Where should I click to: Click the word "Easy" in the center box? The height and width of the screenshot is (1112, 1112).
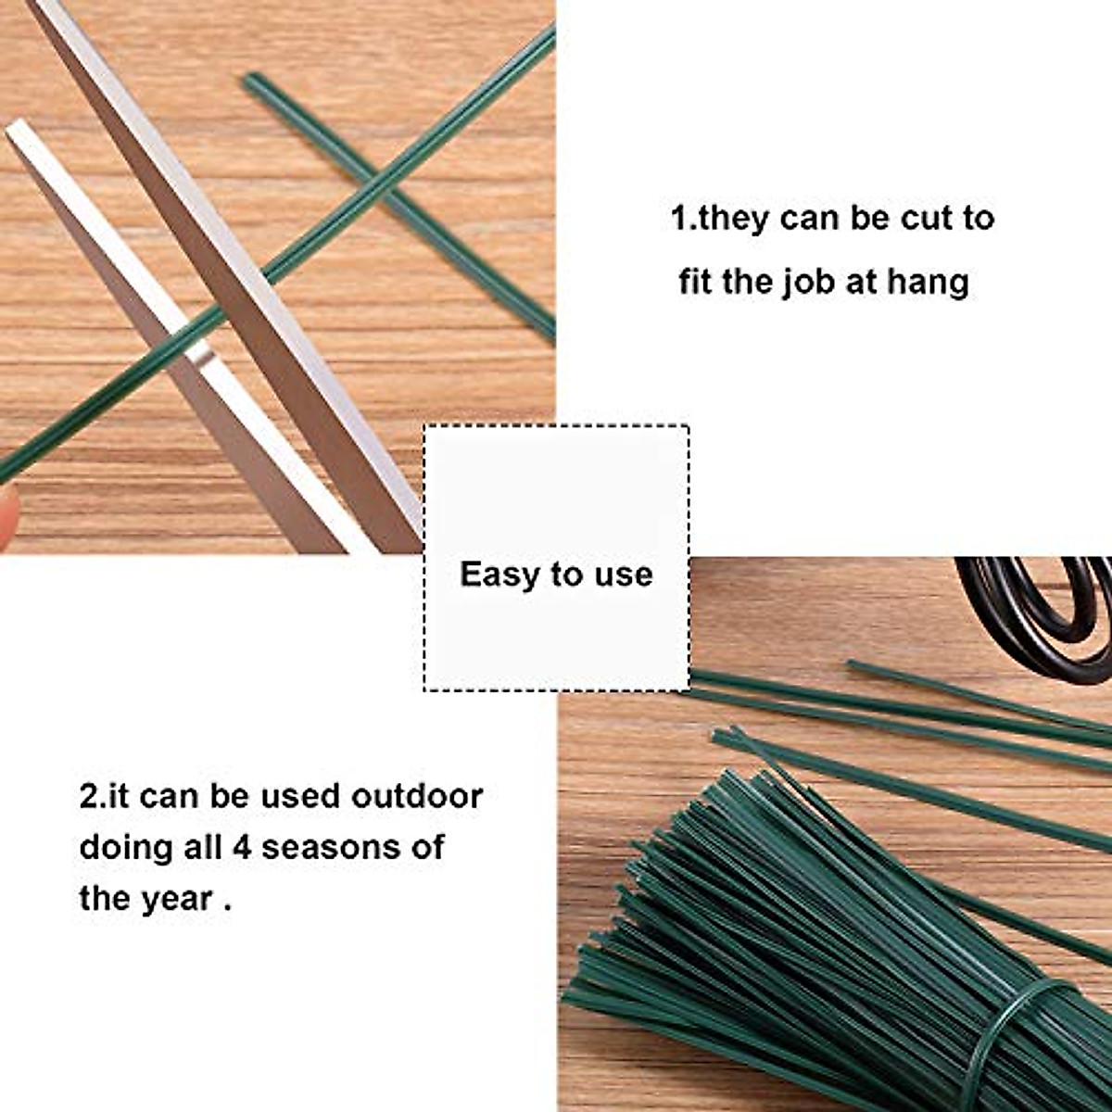pos(500,575)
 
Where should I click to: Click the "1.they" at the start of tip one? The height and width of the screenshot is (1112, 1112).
pos(720,220)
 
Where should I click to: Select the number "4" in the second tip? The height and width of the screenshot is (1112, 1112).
pos(242,847)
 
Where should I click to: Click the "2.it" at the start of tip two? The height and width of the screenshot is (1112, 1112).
pos(103,796)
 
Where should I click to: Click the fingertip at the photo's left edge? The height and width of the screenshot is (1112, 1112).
pos(7,515)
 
